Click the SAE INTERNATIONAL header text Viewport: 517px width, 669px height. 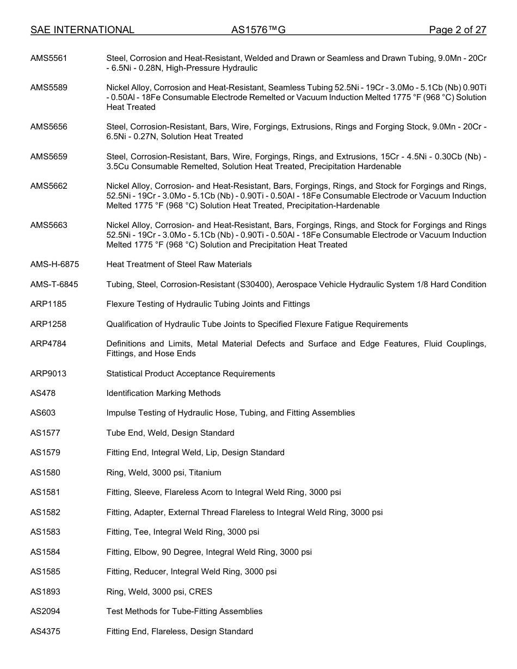coord(82,30)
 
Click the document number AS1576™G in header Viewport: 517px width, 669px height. coord(258,30)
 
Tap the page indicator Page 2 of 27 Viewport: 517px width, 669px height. coord(457,30)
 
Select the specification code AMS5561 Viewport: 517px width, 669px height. coord(49,58)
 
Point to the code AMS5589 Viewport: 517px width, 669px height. coord(49,88)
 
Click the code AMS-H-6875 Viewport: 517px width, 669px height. coord(54,264)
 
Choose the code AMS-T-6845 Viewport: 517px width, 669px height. coord(54,284)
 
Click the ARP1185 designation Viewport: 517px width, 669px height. coord(48,304)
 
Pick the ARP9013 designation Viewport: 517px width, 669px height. coord(48,374)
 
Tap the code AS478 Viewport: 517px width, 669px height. coord(42,393)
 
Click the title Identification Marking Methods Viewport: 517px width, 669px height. coord(163,393)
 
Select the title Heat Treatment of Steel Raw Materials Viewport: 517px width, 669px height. coord(179,264)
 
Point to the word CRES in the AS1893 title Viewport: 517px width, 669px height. coord(200,592)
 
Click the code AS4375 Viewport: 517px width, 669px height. coord(45,631)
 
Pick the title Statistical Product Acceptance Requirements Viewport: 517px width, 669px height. coord(190,374)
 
